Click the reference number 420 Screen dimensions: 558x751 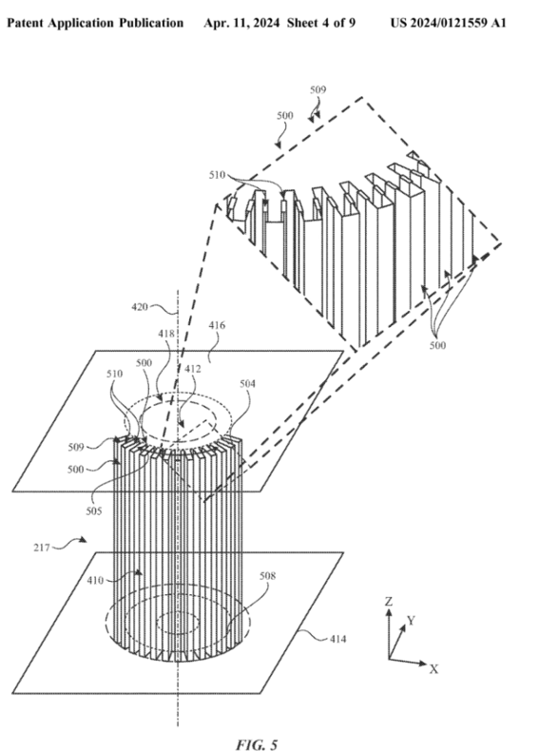140,306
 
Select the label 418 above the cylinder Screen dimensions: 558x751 166,334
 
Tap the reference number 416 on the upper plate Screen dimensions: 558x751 217,325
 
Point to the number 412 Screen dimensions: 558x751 193,369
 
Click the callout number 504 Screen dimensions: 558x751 247,384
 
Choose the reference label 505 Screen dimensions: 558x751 94,511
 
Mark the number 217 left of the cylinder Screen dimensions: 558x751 42,548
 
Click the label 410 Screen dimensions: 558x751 95,581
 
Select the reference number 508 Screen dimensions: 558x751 268,576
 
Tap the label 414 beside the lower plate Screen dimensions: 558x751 338,639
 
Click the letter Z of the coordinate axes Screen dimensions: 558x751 389,601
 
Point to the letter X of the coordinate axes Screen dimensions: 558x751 433,669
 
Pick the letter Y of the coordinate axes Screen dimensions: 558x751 411,621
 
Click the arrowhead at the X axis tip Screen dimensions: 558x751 423,664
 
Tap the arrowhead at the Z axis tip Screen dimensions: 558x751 389,611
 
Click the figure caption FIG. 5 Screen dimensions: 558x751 257,744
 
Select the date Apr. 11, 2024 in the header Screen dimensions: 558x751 241,23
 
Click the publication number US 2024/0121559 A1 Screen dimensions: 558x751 448,23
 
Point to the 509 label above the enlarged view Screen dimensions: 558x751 318,89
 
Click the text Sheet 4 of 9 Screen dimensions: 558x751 321,23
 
